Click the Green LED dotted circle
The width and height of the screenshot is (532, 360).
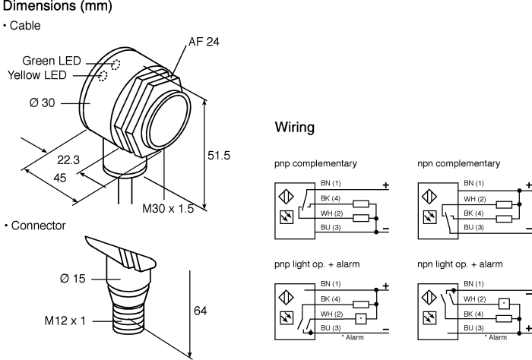[x=116, y=65]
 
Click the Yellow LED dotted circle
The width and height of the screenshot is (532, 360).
[x=103, y=76]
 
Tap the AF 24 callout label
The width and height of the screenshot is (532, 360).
[x=204, y=42]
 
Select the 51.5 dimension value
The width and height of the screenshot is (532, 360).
[x=219, y=156]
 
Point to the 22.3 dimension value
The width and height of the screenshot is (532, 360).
[x=68, y=160]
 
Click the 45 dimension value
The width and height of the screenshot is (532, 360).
[x=60, y=178]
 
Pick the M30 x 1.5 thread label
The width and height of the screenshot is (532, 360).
[x=168, y=208]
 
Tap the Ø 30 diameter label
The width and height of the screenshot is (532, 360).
[x=42, y=103]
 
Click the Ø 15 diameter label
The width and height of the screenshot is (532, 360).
[x=73, y=279]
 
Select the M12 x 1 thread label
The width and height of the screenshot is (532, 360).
[x=65, y=321]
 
